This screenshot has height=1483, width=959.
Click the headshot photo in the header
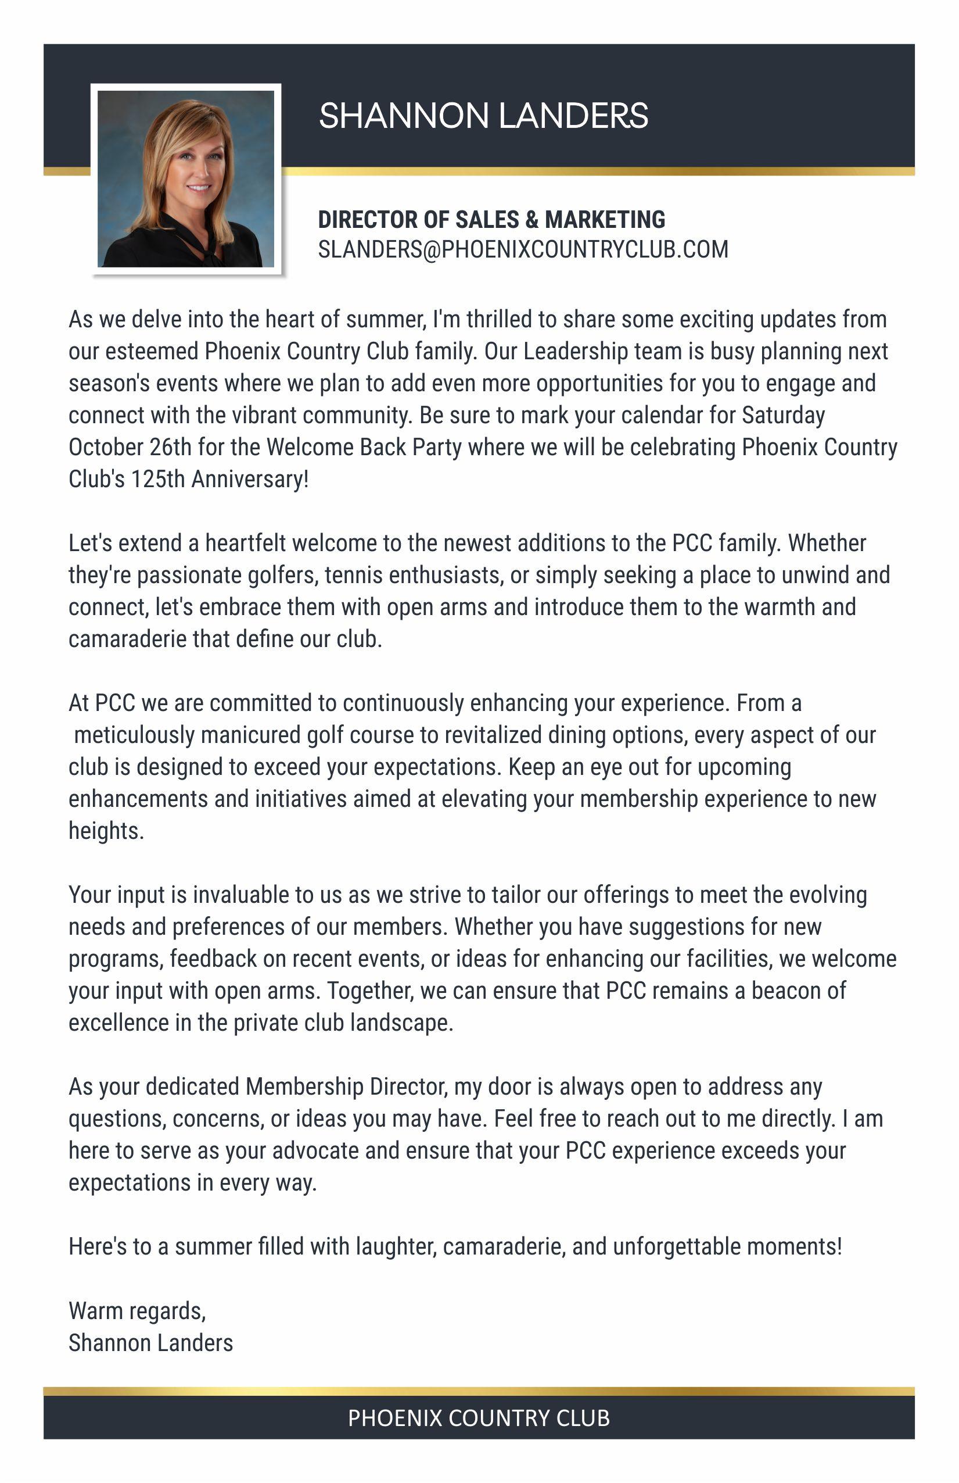point(185,179)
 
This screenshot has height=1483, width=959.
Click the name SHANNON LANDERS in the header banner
point(483,116)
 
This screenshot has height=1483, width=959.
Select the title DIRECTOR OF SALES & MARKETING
point(491,220)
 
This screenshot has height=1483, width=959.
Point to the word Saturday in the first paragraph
point(784,415)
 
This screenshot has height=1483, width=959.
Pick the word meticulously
point(134,735)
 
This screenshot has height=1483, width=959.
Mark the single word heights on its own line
point(105,831)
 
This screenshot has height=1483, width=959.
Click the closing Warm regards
point(137,1311)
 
